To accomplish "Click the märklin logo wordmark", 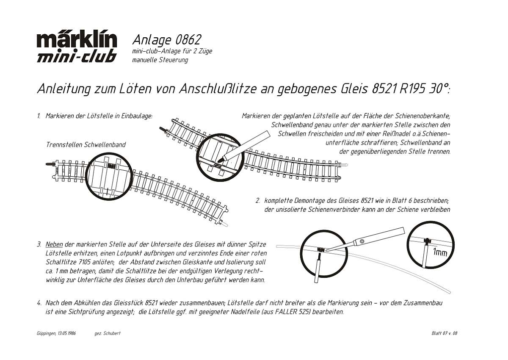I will pyautogui.click(x=77, y=41).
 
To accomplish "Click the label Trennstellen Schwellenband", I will pyautogui.click(x=86, y=144).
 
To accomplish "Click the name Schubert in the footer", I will pyautogui.click(x=112, y=333).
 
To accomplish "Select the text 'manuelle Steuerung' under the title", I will pyautogui.click(x=160, y=60).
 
